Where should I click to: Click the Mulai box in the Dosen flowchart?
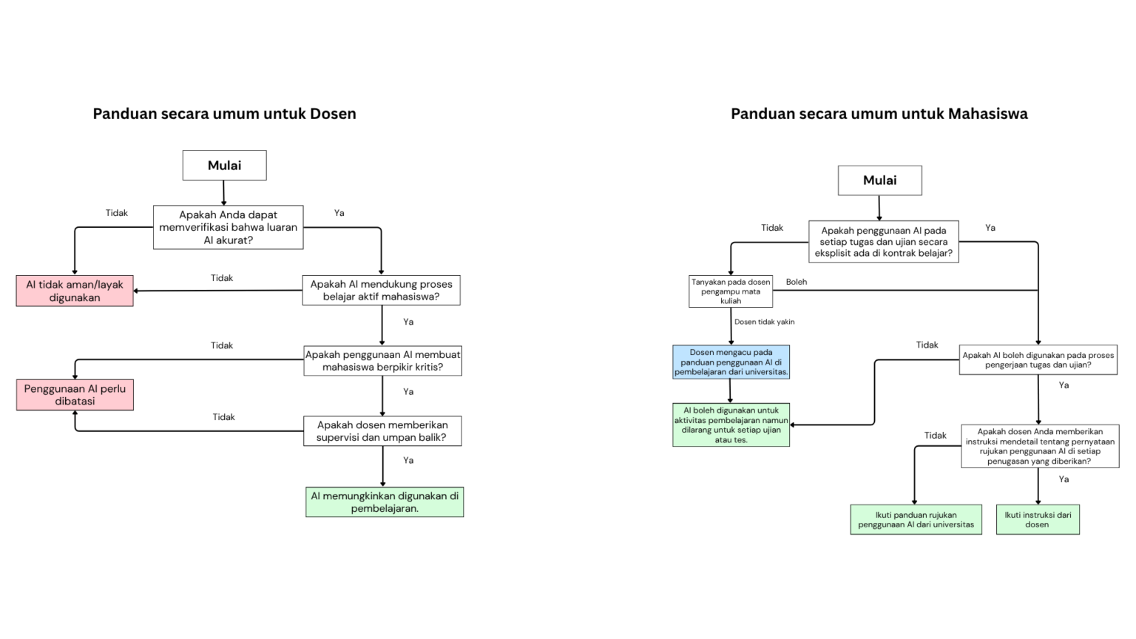pos(224,166)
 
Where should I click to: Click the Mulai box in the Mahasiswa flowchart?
pos(879,180)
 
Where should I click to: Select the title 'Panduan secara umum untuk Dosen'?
pos(224,114)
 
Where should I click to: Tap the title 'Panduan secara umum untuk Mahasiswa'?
pos(879,114)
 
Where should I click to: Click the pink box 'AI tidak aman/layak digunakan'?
pos(75,291)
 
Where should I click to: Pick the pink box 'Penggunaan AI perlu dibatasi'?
pos(75,395)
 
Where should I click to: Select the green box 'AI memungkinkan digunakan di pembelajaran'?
pos(385,502)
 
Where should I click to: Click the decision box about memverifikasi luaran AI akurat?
pos(228,227)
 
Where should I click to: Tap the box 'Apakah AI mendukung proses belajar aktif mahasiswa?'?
pos(381,290)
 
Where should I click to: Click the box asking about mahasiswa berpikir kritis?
pos(382,361)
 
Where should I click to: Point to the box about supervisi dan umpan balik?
pos(382,431)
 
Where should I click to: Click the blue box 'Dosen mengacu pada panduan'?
pos(731,362)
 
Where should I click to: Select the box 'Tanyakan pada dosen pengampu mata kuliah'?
pos(731,291)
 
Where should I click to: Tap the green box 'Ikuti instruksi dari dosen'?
pos(1038,519)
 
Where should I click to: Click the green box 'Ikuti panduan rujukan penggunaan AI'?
pos(916,519)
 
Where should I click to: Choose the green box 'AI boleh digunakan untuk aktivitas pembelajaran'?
pos(731,425)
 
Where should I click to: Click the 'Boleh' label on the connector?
pos(797,282)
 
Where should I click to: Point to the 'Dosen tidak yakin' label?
pos(764,322)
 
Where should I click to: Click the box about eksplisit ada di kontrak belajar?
pos(883,242)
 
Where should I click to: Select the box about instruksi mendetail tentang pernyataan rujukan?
pos(1039,446)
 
